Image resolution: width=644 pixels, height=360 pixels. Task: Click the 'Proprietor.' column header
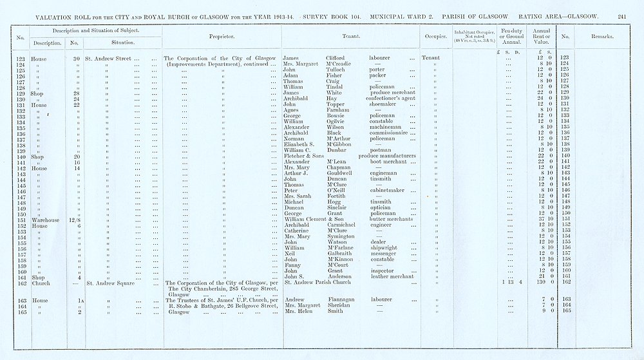[x=222, y=37]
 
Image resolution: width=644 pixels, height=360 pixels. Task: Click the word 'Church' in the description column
[x=41, y=283]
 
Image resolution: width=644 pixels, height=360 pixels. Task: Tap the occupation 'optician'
[x=381, y=208]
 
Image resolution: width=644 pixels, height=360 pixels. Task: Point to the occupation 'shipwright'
[x=384, y=248]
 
